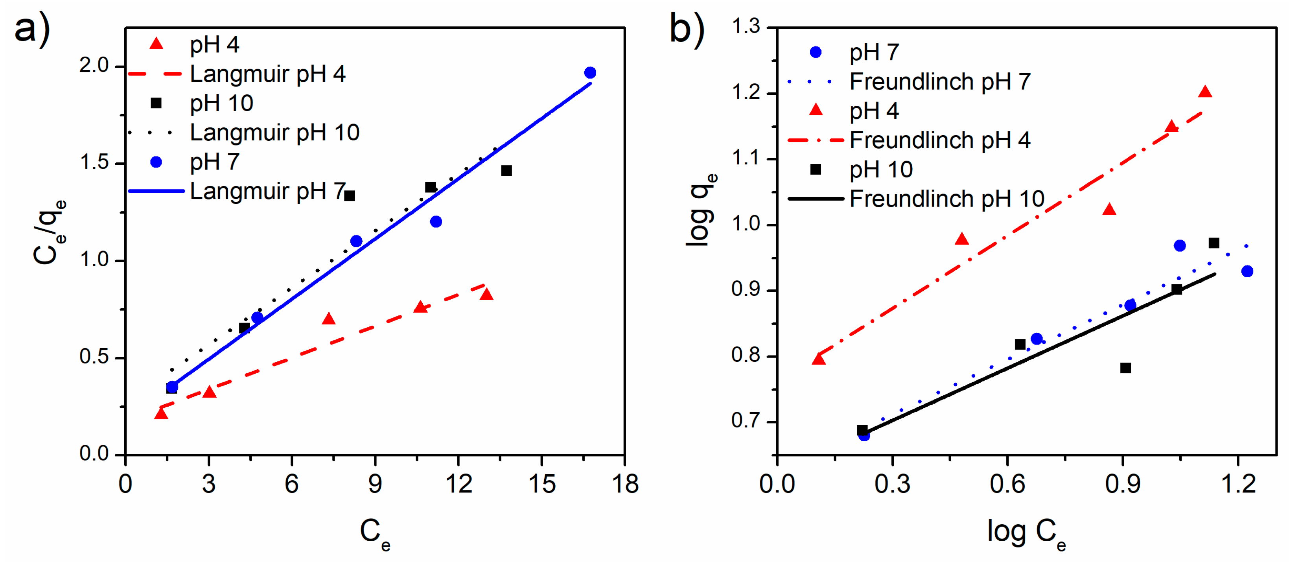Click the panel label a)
point(31,29)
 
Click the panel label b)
point(687,29)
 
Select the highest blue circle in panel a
point(590,73)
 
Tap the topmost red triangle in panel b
point(1205,92)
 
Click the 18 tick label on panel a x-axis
point(624,484)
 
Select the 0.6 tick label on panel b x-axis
point(1007,484)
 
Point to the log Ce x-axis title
point(1026,533)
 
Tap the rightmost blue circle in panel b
point(1247,271)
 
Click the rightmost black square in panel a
point(506,171)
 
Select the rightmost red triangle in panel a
point(486,295)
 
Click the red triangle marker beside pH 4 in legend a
point(157,44)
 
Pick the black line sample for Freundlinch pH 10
point(816,199)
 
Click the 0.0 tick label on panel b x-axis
point(777,484)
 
